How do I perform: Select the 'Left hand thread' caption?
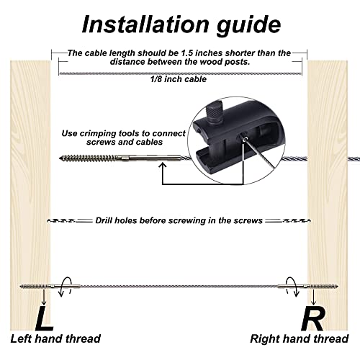pyautogui.click(x=55, y=338)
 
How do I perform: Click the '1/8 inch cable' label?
pyautogui.click(x=180, y=79)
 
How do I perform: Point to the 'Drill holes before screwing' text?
pyautogui.click(x=180, y=220)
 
